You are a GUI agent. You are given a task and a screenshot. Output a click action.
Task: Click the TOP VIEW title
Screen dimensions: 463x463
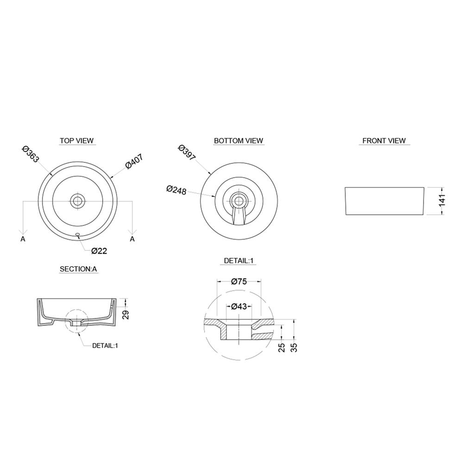[77, 141]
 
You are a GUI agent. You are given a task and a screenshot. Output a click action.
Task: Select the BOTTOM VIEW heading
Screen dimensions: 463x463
[238, 141]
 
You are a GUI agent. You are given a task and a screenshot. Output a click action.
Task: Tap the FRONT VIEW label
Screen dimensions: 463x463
[384, 141]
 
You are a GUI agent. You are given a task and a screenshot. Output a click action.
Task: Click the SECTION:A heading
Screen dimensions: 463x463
[78, 269]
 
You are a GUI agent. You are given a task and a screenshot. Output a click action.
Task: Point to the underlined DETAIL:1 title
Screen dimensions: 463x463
[238, 261]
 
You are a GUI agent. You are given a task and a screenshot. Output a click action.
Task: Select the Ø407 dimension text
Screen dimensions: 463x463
[134, 161]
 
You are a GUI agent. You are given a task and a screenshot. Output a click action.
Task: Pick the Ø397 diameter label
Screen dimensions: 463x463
[187, 153]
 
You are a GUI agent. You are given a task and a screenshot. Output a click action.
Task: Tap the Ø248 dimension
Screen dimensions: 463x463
[176, 190]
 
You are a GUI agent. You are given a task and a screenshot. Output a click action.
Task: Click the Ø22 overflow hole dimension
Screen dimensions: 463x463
[99, 251]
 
